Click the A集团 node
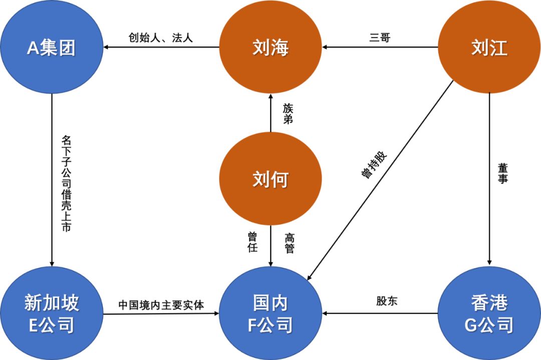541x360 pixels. coord(52,48)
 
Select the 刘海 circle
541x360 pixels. coord(270,48)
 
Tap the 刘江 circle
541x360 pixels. coord(489,48)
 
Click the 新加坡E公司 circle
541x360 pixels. coord(52,314)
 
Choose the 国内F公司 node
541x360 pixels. coord(270,314)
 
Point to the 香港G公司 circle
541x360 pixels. coord(489,314)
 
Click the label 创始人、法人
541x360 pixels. coord(161,38)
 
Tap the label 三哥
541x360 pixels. coord(379,38)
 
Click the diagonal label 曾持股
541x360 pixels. coord(374,163)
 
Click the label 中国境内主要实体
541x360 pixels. coord(161,304)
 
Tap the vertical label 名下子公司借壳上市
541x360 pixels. coord(66,183)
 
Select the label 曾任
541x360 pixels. coord(252,242)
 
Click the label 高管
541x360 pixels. coord(289,242)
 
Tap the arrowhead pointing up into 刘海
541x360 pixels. coord(270,96)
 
